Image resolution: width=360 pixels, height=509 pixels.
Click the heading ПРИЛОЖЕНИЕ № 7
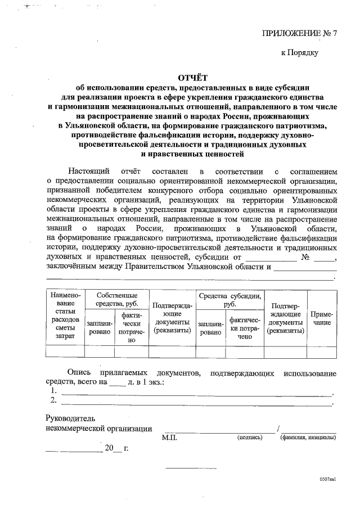click(299, 33)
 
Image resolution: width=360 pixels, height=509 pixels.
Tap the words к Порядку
click(300, 53)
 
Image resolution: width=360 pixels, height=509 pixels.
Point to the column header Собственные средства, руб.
click(116, 299)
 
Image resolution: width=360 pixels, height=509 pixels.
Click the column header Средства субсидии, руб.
click(229, 299)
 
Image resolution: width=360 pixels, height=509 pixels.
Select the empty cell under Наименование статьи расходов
click(65, 352)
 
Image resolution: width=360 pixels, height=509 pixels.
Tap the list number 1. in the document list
click(53, 390)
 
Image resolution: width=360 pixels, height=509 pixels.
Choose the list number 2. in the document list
click(53, 400)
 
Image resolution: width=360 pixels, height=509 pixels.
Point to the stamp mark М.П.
click(169, 436)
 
